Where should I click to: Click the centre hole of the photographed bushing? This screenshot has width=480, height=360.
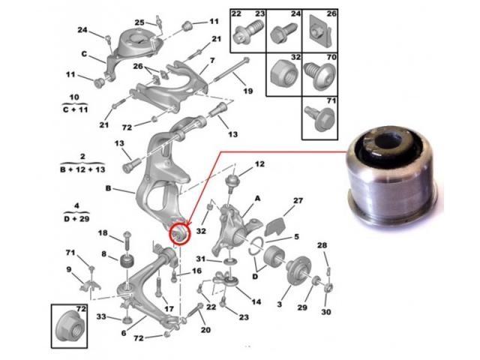pyautogui.click(x=388, y=142)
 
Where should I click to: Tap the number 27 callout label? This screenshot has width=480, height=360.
pyautogui.click(x=298, y=200)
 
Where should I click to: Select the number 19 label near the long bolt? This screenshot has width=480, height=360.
pyautogui.click(x=248, y=91)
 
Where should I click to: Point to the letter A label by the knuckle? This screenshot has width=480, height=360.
pyautogui.click(x=257, y=198)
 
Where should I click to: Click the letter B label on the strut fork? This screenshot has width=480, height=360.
pyautogui.click(x=108, y=188)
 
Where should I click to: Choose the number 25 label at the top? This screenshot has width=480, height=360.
pyautogui.click(x=139, y=22)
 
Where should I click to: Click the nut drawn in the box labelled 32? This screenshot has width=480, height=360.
pyautogui.click(x=284, y=74)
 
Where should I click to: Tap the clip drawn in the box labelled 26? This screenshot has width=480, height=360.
pyautogui.click(x=320, y=32)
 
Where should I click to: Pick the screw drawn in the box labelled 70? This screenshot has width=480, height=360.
pyautogui.click(x=319, y=76)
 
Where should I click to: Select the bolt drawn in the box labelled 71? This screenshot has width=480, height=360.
pyautogui.click(x=320, y=118)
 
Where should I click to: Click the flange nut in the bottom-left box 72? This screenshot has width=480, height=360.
pyautogui.click(x=68, y=328)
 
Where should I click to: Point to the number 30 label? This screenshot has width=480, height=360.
pyautogui.click(x=326, y=312)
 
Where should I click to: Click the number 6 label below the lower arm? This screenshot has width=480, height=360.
pyautogui.click(x=123, y=333)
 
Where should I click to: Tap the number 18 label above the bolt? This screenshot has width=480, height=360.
pyautogui.click(x=103, y=233)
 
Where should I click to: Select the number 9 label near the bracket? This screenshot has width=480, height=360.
pyautogui.click(x=69, y=269)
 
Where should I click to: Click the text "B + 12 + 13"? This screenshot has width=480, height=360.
pyautogui.click(x=82, y=169)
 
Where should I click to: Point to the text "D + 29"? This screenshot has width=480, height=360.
pyautogui.click(x=76, y=219)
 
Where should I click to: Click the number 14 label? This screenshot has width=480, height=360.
pyautogui.click(x=256, y=301)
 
